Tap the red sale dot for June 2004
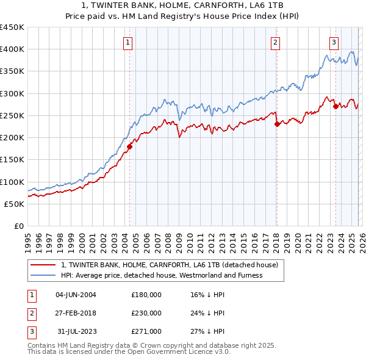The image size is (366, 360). tap(129, 146)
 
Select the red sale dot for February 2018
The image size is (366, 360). tap(277, 124)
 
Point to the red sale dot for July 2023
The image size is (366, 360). tap(335, 106)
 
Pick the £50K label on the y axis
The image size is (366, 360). tap(15, 204)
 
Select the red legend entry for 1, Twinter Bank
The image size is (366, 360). tap(170, 265)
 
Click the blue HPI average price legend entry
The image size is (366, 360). tap(162, 275)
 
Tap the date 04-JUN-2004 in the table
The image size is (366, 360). tap(76, 295)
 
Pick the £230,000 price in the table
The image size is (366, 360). tap(146, 313)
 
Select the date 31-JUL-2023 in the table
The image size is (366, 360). tap(76, 331)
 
